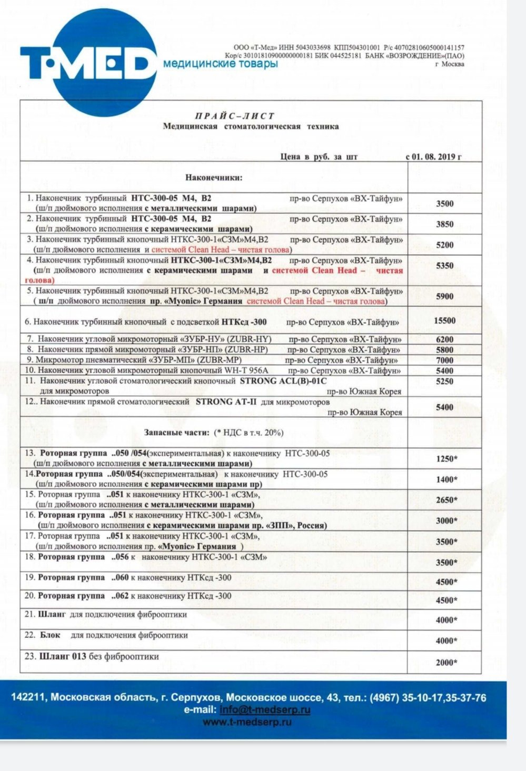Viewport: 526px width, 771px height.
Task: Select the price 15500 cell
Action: (445, 321)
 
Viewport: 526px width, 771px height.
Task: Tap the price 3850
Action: (445, 224)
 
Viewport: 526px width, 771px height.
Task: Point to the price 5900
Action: (445, 296)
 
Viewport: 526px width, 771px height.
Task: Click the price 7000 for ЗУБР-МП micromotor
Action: (445, 361)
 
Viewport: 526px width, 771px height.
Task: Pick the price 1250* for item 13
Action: (446, 459)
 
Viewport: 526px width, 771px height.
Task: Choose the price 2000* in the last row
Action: (446, 663)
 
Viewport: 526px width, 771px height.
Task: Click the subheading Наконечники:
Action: (214, 177)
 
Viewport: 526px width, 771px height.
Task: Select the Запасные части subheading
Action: (176, 433)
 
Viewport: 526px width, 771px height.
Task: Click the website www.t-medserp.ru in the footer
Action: (247, 722)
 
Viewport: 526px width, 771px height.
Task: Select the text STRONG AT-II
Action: (226, 402)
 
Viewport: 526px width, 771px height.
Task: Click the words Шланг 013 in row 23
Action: (58, 657)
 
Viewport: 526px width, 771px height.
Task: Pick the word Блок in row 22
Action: (50, 635)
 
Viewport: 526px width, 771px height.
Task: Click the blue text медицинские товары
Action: (221, 64)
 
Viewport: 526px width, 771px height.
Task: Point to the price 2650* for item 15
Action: (446, 500)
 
